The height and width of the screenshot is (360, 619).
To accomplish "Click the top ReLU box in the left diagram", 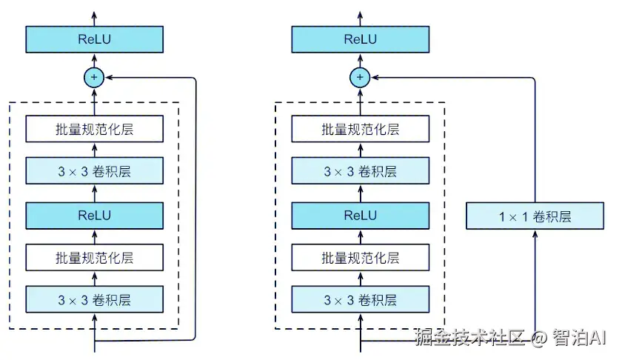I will (94, 39).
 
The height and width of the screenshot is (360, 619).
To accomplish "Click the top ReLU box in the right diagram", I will (360, 39).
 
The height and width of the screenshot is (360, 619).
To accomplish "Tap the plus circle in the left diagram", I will (94, 77).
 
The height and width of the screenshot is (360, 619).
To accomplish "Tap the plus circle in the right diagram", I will (360, 77).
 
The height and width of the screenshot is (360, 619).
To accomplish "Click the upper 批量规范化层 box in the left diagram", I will (94, 129).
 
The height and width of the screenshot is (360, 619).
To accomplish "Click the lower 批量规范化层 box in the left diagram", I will (94, 258).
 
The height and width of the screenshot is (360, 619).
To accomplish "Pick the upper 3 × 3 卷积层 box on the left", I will (94, 172).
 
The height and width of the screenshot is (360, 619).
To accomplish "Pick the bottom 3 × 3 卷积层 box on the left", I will (94, 300).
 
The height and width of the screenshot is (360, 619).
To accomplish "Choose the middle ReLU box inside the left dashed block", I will (94, 216).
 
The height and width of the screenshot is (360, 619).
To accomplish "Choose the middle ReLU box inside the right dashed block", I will (360, 216).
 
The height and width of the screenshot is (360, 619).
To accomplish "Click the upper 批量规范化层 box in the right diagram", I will (360, 129).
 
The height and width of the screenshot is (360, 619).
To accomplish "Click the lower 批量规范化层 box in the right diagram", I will (360, 258).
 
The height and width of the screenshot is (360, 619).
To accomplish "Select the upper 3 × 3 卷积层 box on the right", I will (360, 172).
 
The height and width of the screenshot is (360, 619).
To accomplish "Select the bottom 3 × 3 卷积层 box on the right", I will (360, 300).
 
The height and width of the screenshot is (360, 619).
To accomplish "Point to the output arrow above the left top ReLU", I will (94, 16).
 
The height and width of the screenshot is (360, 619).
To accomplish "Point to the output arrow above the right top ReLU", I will (360, 16).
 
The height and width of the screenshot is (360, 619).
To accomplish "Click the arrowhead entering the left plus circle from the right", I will (108, 77).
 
